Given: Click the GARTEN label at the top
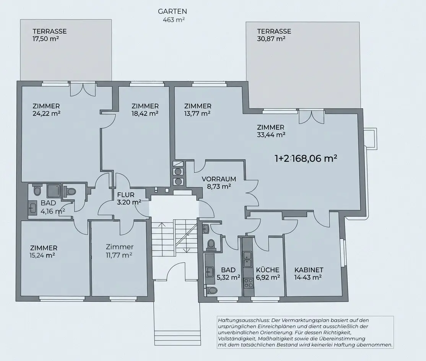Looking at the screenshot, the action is [x=172, y=11].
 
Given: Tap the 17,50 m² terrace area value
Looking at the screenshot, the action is [x=46, y=39].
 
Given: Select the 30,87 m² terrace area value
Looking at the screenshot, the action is [x=271, y=39].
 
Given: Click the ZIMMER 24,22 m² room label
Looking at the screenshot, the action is [x=46, y=110].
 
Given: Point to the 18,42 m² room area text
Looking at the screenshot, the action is [x=145, y=114].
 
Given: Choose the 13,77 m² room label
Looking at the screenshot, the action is [x=198, y=110].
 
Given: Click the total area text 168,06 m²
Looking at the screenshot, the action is [x=315, y=158].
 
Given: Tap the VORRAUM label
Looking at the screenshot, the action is [x=219, y=179].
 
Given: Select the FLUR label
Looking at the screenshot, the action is [x=126, y=195].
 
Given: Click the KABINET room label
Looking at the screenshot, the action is [x=309, y=270].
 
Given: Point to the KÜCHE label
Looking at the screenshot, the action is [x=268, y=270].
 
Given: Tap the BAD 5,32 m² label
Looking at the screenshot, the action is [x=228, y=273].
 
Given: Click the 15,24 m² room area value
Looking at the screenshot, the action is [x=42, y=255].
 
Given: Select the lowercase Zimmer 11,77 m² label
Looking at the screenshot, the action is [x=119, y=251].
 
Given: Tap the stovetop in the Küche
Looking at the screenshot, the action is [x=248, y=283].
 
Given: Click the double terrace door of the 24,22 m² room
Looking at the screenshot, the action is [x=83, y=89].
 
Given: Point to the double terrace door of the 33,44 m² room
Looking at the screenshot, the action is [x=311, y=117].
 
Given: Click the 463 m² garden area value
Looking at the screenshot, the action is [x=174, y=20].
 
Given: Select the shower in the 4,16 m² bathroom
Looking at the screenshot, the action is [x=53, y=191].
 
